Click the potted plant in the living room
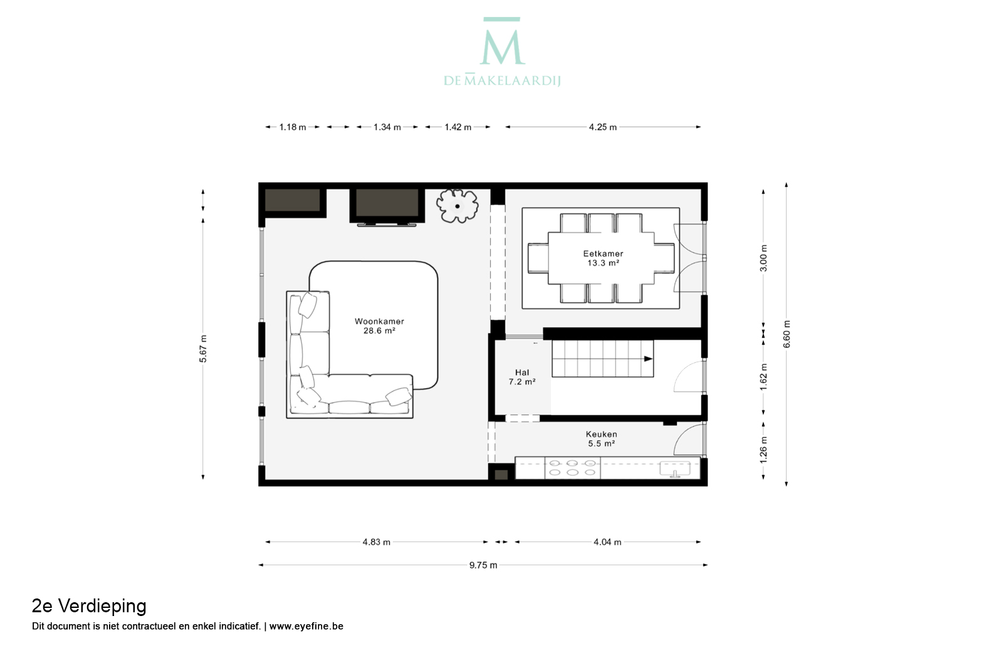(458, 206)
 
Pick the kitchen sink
(674, 469)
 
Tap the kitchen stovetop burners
(572, 468)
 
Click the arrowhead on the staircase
(648, 358)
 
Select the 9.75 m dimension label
(483, 565)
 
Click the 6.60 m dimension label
(787, 334)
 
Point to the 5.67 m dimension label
(203, 349)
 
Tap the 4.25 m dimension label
(603, 127)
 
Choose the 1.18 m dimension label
(292, 127)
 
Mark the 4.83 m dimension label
(377, 542)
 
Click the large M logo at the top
(502, 41)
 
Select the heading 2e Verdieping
(89, 606)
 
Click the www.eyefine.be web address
(306, 626)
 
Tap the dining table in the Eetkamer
(601, 258)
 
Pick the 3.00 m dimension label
(764, 258)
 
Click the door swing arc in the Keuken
(683, 434)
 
